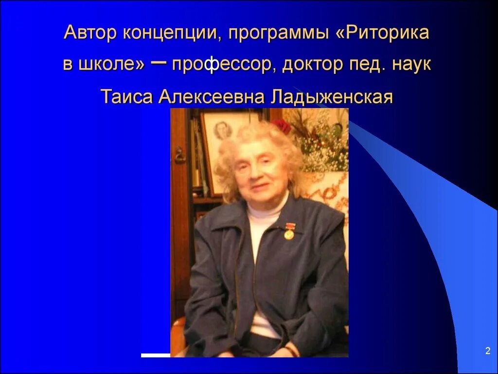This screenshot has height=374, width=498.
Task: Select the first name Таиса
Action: pyautogui.click(x=126, y=96)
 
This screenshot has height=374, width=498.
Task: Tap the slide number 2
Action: pyautogui.click(x=487, y=351)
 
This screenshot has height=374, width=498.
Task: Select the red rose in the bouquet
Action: pyautogui.click(x=283, y=126)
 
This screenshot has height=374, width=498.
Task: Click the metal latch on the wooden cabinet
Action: pyautogui.click(x=179, y=154)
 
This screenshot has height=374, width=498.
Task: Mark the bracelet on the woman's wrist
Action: pyautogui.click(x=291, y=351)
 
